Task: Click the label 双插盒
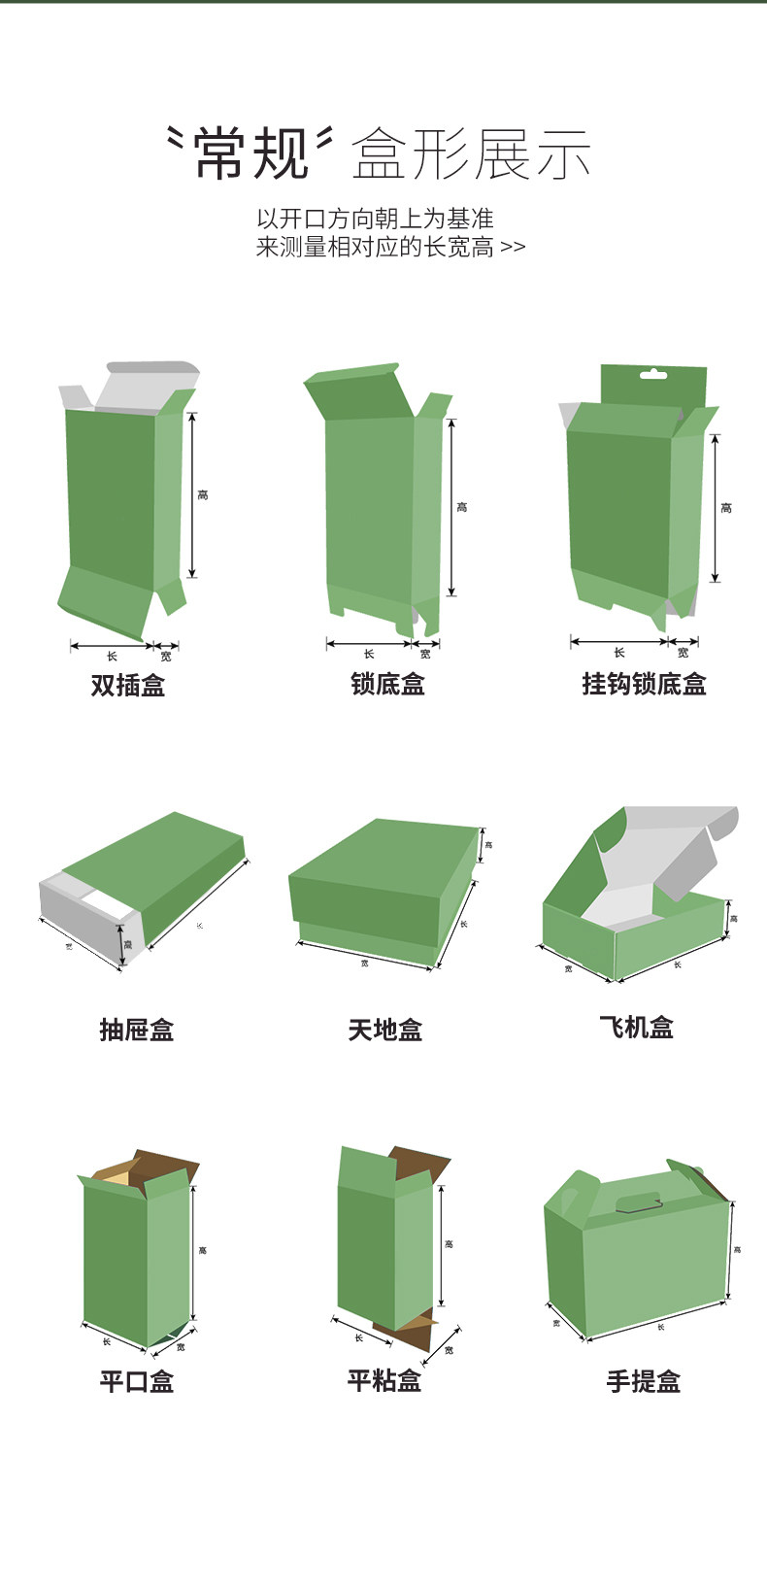tap(128, 685)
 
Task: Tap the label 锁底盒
tap(387, 684)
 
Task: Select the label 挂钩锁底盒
tap(644, 684)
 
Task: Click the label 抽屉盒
tap(137, 1029)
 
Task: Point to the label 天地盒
tap(385, 1029)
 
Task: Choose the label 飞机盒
tap(636, 1027)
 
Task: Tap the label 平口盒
tap(137, 1380)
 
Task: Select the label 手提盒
tap(644, 1380)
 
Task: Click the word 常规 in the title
tap(250, 154)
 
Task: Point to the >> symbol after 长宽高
tap(513, 248)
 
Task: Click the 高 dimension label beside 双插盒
tap(203, 495)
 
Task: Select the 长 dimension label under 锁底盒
tap(369, 654)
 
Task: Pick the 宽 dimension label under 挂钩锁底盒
tap(684, 652)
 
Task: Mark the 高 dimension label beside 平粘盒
tap(449, 1243)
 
